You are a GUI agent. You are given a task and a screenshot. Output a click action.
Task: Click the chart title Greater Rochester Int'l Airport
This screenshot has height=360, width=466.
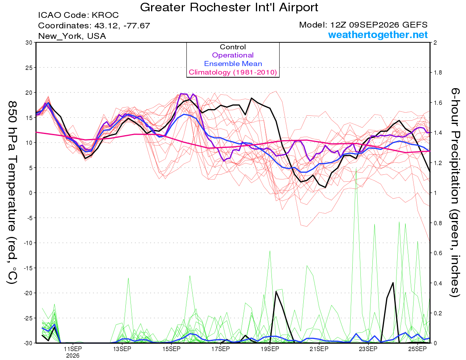(229, 7)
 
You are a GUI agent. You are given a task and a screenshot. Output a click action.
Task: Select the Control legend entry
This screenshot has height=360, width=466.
(233, 47)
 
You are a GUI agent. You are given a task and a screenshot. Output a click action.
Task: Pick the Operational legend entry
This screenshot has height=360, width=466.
(233, 55)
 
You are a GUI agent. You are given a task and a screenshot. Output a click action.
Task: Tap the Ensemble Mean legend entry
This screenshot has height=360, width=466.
(233, 64)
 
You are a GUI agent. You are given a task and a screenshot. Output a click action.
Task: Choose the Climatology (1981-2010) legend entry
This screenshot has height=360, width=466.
(233, 72)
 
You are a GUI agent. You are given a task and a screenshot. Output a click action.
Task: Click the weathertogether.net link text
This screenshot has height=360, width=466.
(377, 35)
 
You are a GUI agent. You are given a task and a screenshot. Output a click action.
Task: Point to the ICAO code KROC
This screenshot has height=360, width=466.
(105, 15)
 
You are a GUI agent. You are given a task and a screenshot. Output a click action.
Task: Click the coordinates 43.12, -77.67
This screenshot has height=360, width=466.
(122, 26)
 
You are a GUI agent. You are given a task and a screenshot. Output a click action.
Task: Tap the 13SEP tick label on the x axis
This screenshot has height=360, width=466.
(122, 349)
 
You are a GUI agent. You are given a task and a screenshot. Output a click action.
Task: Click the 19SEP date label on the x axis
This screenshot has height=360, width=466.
(270, 349)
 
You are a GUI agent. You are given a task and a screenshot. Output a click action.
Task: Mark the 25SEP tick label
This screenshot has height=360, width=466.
(417, 349)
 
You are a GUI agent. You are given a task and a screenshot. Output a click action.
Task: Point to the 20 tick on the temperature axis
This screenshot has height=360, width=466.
(29, 93)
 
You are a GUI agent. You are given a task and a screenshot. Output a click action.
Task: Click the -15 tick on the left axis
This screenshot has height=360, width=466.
(28, 268)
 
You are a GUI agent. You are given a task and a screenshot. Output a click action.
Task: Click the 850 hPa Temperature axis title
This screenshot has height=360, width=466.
(12, 192)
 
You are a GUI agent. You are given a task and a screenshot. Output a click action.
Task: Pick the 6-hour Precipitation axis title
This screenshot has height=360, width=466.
(455, 192)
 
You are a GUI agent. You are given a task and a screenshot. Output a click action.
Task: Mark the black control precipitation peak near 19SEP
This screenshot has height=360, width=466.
(276, 291)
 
